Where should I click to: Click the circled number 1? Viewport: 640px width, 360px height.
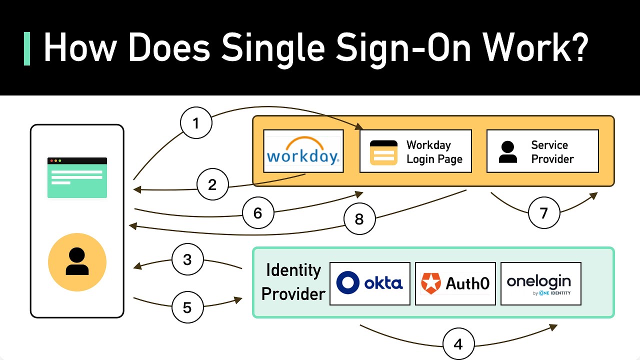[x=196, y=122]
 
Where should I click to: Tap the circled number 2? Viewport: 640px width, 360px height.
[x=212, y=184]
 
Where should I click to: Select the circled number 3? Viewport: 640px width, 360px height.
[x=187, y=259]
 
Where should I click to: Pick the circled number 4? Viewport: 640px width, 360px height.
[x=458, y=344]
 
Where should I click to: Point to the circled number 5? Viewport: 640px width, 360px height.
[x=187, y=307]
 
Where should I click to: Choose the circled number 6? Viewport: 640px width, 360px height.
[x=258, y=213]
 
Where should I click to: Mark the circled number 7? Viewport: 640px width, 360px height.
[x=544, y=213]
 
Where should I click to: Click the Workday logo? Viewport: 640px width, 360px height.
[x=303, y=151]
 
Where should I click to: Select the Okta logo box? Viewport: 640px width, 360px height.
[x=370, y=283]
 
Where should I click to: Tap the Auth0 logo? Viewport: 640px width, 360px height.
[x=455, y=283]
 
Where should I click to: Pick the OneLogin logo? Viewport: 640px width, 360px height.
[x=540, y=283]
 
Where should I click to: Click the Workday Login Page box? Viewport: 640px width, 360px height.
[x=415, y=151]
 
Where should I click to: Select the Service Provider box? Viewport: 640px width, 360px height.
[x=542, y=151]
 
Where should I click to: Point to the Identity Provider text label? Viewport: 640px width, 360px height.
[x=293, y=281]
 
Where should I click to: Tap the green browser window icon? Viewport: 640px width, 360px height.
[x=77, y=177]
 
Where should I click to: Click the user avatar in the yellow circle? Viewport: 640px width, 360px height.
[x=77, y=262]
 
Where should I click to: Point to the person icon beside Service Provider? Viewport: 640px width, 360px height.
[x=508, y=152]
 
